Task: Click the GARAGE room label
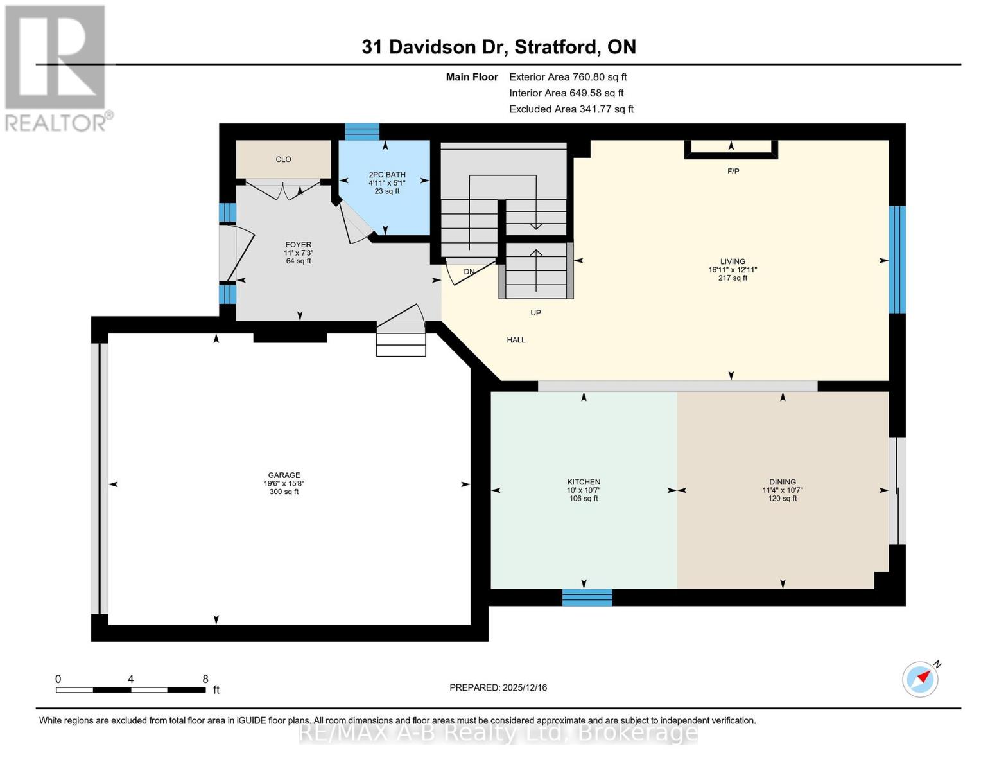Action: [284, 475]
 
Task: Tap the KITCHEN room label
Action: [584, 482]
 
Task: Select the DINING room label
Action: [782, 482]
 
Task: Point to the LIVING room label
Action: [733, 261]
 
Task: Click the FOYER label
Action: [299, 245]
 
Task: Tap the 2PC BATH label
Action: [387, 175]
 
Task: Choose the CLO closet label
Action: [283, 159]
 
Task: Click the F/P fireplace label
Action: [733, 172]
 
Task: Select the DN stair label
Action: [469, 272]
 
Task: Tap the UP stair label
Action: [535, 313]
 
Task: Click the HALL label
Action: [516, 340]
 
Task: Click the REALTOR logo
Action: [56, 67]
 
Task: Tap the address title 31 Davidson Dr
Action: [499, 47]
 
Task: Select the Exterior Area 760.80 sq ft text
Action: [568, 77]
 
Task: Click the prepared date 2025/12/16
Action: [498, 687]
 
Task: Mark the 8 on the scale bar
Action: [205, 679]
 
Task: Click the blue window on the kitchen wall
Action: [587, 598]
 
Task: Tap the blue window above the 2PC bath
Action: [362, 132]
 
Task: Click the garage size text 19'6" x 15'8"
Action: [284, 484]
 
